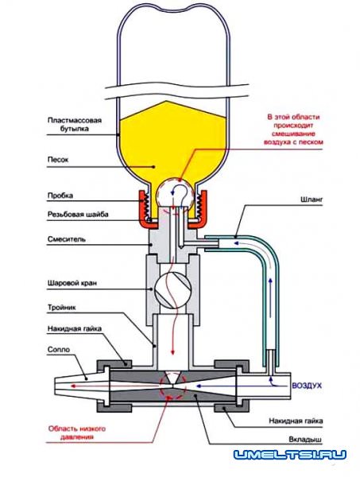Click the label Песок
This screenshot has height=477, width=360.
pos(58,160)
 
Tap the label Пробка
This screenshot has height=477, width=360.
pos(60,196)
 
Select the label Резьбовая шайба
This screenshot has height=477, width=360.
pos(78,215)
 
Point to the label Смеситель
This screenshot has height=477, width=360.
pos(66,239)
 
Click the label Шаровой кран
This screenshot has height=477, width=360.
pos(72,283)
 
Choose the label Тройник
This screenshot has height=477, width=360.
pos(62,307)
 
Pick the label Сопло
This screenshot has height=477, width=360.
pos(59,350)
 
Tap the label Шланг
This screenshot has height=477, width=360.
pos(312,200)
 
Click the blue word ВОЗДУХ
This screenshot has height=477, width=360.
pos(307,386)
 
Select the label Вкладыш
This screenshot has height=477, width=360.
pos(305,440)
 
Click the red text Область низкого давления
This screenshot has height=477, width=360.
pos(77,433)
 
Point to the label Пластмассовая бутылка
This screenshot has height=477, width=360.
pos(75,125)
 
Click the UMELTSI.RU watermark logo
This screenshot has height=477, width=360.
pos(290,455)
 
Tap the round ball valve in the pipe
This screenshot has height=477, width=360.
pos(172,289)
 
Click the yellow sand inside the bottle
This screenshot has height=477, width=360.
pos(172,143)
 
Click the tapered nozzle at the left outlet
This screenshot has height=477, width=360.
pos(82,386)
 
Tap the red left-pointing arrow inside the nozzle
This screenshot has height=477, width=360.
pos(118,386)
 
